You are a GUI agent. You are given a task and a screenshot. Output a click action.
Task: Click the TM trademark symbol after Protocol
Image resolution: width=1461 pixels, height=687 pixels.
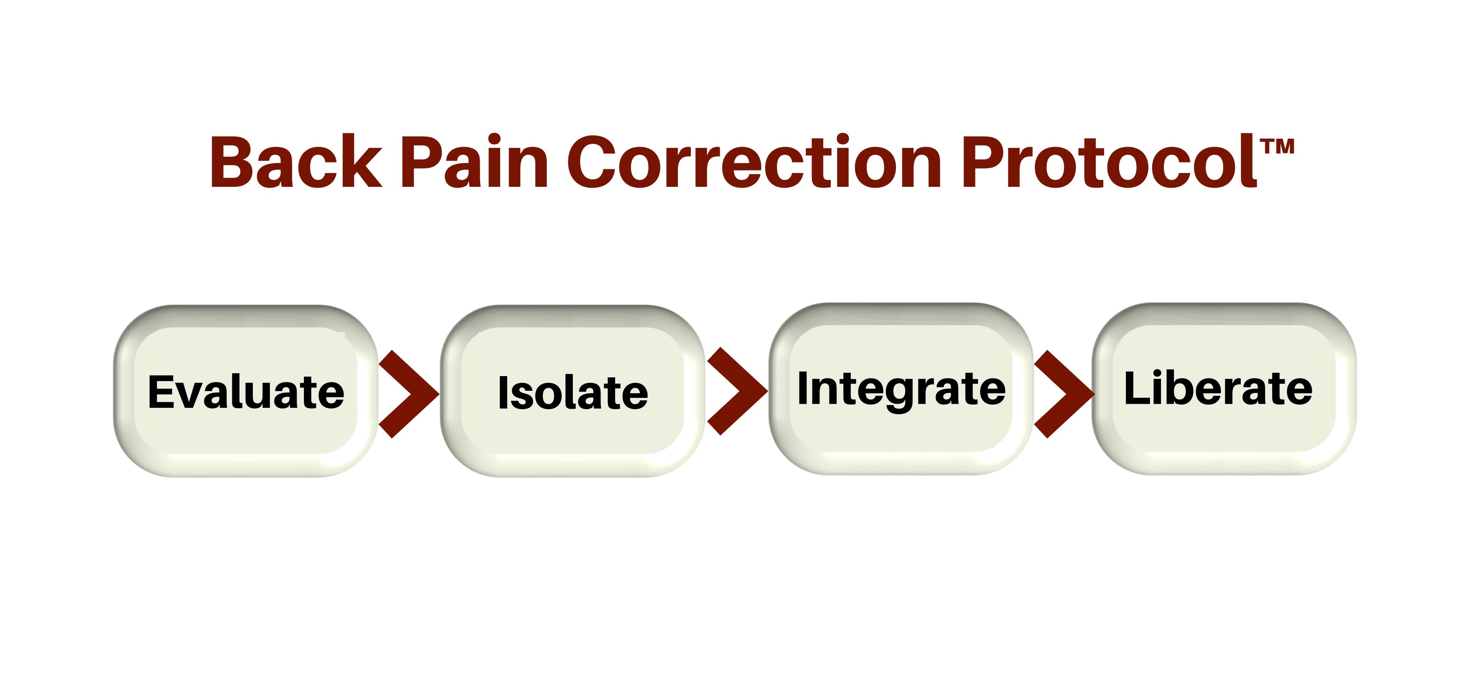click(x=1278, y=147)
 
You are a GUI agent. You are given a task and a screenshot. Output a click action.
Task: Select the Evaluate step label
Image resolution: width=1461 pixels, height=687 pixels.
click(x=246, y=392)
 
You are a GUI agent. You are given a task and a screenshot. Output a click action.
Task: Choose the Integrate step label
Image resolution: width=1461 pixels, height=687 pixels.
click(x=901, y=389)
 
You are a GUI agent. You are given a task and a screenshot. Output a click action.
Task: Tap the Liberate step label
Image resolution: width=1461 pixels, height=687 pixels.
click(x=1218, y=389)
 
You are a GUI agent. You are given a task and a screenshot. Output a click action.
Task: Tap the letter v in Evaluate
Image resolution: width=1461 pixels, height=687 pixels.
click(x=192, y=395)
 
